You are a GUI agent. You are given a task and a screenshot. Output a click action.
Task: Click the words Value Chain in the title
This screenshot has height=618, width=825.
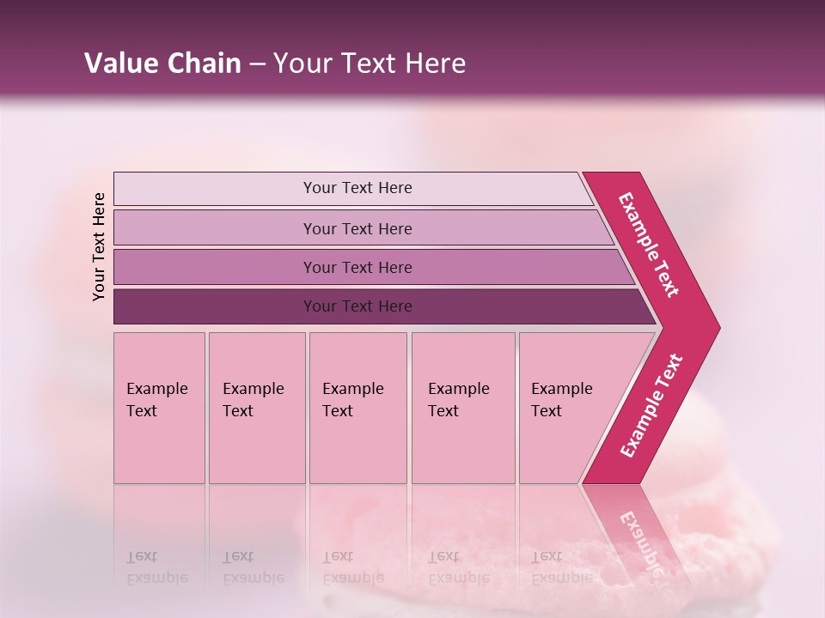tap(162, 64)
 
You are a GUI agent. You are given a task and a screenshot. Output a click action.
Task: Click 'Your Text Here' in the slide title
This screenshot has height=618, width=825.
tap(370, 64)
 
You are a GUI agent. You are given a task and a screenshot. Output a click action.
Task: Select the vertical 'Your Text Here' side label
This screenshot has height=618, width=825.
tap(99, 246)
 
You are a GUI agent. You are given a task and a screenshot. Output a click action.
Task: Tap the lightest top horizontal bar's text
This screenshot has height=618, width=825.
tap(357, 188)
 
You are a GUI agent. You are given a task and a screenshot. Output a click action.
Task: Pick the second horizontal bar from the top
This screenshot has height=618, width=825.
tap(357, 228)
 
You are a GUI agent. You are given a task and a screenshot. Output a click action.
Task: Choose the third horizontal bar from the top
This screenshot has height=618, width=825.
tap(357, 268)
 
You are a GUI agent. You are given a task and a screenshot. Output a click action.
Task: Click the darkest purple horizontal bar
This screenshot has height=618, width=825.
tap(357, 306)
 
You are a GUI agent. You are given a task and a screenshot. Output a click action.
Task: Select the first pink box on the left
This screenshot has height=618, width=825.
tap(159, 408)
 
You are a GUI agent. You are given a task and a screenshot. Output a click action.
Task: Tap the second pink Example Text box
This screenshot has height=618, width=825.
tap(256, 408)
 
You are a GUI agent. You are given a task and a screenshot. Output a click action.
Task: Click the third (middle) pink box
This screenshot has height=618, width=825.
tap(357, 408)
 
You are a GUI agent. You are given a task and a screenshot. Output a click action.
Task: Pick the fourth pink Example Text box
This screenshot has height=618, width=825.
tap(462, 408)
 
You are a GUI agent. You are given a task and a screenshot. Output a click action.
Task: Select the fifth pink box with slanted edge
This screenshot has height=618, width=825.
tap(567, 408)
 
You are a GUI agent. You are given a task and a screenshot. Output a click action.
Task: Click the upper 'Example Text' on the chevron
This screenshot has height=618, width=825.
tap(650, 245)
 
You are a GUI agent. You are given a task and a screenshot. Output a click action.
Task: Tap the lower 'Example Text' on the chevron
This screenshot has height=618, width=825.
tap(651, 406)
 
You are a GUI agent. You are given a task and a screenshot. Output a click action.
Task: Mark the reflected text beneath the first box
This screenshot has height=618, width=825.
tap(156, 567)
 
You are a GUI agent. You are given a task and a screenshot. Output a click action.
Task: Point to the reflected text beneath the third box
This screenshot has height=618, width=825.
tap(352, 567)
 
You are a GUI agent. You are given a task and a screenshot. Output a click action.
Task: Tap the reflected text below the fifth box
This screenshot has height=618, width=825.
tap(561, 567)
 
